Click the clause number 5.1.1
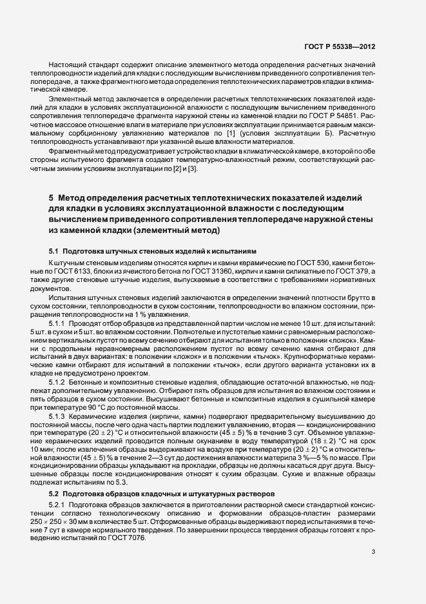(x=59, y=321)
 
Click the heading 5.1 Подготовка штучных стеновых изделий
(x=153, y=250)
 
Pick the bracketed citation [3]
(x=191, y=168)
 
